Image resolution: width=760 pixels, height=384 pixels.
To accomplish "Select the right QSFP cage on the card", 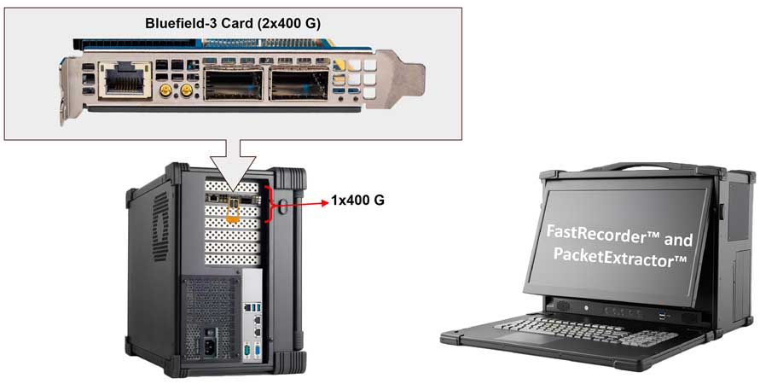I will coord(295,84).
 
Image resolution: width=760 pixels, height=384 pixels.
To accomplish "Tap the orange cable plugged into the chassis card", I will coord(231,213).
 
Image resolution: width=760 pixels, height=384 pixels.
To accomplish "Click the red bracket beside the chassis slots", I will coord(271,204).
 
